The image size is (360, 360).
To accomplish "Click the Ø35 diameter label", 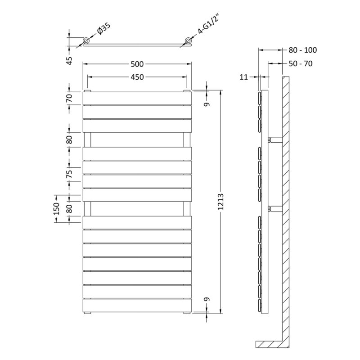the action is pos(104,28).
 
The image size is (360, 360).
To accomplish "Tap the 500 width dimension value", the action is pos(137,64).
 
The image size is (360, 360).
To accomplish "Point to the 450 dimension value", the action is pos(137,77).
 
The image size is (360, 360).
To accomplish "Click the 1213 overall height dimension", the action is pos(220,202).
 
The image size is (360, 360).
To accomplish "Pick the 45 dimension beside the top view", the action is pos(69,61).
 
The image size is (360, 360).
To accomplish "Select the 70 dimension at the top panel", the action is pos(69,98).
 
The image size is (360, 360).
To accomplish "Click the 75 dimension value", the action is pos(69,174).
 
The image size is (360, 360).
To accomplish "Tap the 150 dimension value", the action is pos(56,208).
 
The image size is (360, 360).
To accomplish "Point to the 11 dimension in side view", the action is pos(244,77).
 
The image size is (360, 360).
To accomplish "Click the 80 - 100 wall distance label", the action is pos(302,50).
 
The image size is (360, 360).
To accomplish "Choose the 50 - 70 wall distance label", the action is pos(301,63).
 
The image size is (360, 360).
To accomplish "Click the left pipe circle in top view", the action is pos(86,41).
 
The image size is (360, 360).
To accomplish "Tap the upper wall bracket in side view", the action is pos(275,139).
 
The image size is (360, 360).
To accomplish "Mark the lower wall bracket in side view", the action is pos(275,209).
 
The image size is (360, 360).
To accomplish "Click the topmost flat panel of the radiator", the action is pos(137,98).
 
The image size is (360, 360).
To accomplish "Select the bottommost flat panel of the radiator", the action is pos(137,306).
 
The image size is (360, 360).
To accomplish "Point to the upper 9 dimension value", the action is pos(207,104).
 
